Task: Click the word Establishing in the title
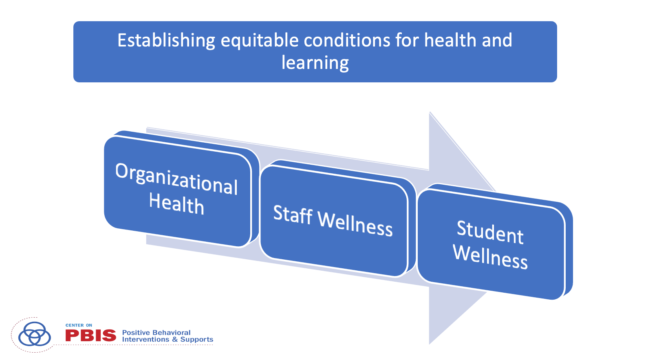[x=166, y=41]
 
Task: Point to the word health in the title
[x=450, y=40]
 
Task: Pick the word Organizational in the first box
[x=176, y=179]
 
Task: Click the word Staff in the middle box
[x=293, y=214]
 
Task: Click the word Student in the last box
[x=490, y=232]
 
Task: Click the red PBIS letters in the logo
[x=90, y=336]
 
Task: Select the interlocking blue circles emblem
[x=35, y=334]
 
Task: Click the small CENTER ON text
[x=79, y=325]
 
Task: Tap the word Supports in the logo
[x=197, y=340]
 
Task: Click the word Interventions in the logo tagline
[x=145, y=340]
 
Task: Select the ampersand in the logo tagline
[x=175, y=340]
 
